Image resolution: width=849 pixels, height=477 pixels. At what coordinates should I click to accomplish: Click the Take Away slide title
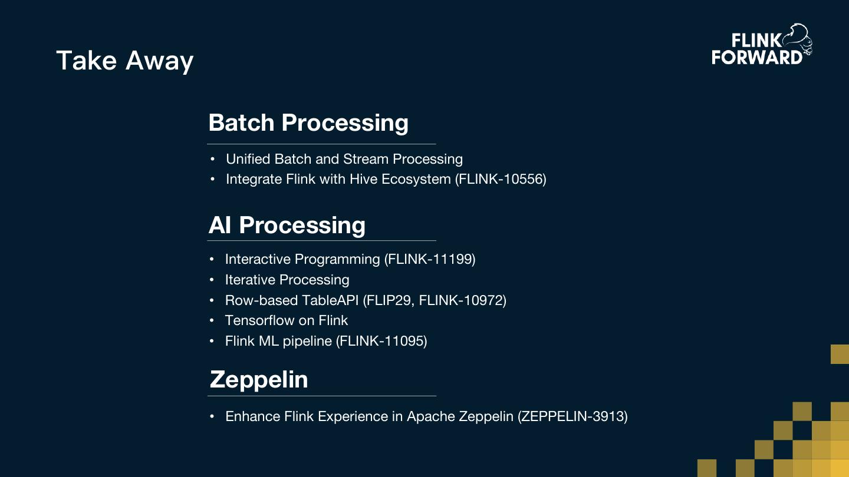point(124,61)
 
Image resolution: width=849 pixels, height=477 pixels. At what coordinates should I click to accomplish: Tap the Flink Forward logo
point(761,45)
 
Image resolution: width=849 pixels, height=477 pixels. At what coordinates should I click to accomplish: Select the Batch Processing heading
point(308,122)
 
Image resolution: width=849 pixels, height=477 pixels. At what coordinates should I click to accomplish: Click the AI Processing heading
point(287,225)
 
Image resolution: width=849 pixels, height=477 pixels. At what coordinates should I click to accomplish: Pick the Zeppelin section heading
point(259,379)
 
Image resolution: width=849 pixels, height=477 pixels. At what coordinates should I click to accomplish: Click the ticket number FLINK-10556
point(501,179)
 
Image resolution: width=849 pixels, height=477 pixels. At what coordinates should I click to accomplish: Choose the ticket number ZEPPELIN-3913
point(572,417)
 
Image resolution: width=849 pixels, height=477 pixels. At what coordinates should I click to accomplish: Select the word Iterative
point(249,280)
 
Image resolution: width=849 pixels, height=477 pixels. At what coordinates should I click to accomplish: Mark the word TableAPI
point(330,300)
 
